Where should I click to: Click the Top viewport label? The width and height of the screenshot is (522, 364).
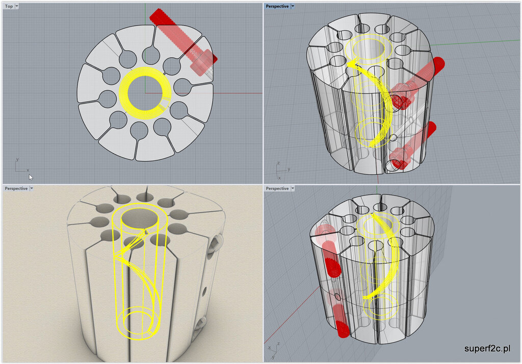coord(9,6)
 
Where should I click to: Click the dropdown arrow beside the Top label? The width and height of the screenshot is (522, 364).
coord(17,6)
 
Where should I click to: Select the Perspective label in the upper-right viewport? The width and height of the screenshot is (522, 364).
coord(277,6)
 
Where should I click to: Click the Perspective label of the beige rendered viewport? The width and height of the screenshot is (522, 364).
coord(16,188)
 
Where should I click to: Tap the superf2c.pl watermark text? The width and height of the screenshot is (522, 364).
coord(487,348)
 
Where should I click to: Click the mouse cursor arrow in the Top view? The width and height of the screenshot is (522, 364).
coord(31,177)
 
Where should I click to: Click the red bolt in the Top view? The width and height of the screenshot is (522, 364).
coord(184,40)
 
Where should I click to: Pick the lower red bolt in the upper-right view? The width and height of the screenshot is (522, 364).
coord(413,145)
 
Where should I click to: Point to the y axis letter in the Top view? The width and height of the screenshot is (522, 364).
coord(17,159)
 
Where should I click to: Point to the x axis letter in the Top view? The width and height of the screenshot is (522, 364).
coord(28,170)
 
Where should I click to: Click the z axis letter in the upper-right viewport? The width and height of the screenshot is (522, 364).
coord(278,163)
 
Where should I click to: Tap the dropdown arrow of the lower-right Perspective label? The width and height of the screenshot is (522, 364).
coord(293,188)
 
